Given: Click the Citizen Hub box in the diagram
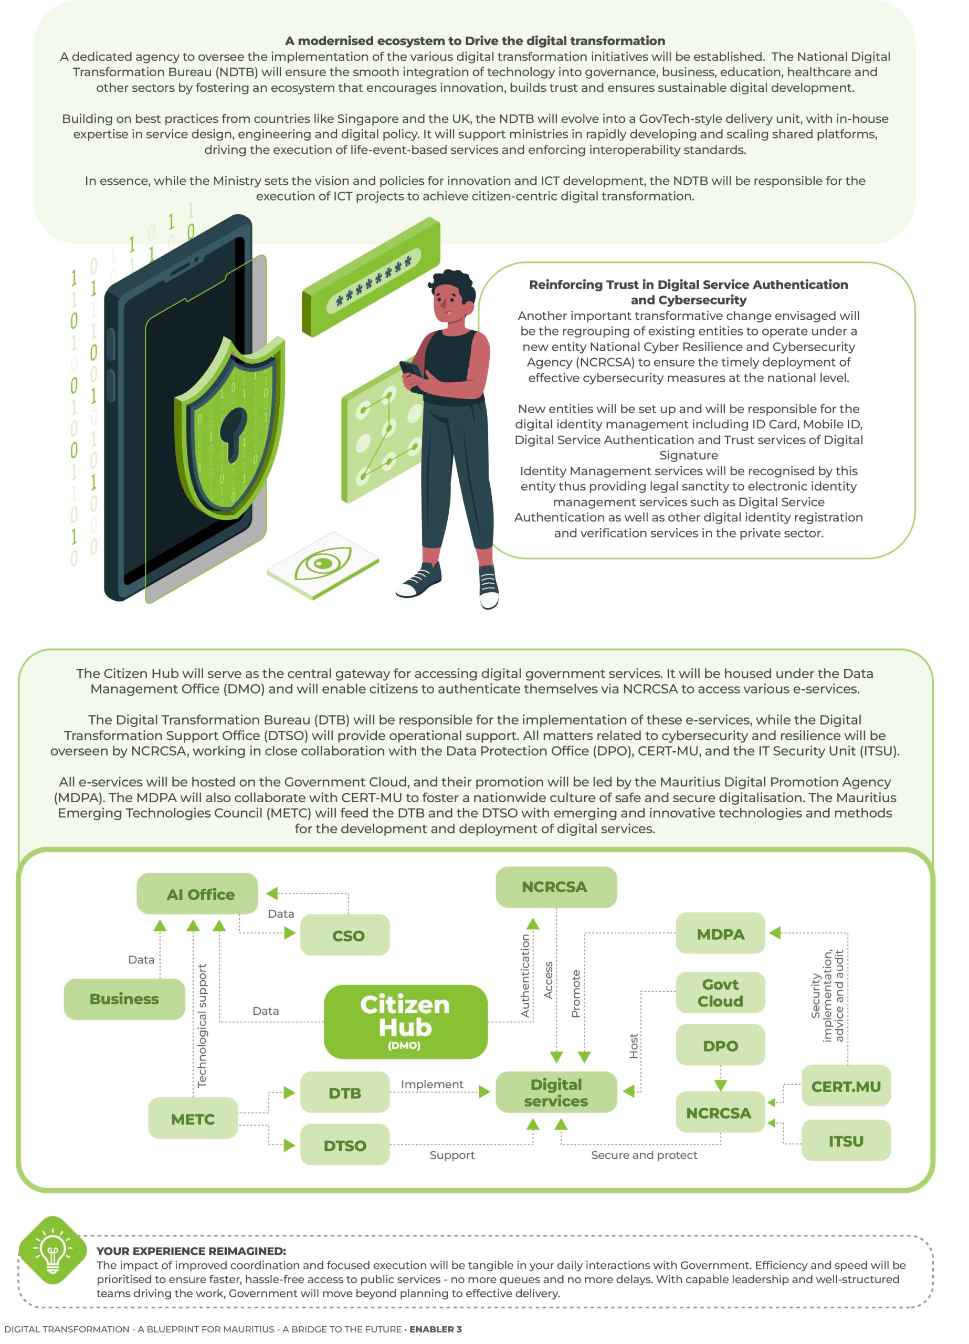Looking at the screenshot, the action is point(405,1022).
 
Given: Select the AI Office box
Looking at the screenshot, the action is point(197,894).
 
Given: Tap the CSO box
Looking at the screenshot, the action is point(345,935).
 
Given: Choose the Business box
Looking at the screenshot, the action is point(124,999).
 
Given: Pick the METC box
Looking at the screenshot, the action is point(193,1118).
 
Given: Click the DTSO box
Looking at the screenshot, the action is point(345,1145).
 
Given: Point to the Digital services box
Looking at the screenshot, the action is point(556,1092).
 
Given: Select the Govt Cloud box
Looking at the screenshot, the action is point(721,993).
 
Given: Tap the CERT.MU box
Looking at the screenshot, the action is point(846,1086).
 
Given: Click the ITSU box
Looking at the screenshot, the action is point(846,1140).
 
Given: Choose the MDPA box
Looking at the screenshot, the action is point(721,933).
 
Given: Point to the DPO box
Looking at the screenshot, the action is point(721,1045).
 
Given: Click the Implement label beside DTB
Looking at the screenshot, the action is point(432,1084).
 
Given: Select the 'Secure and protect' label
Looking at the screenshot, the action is point(644,1154).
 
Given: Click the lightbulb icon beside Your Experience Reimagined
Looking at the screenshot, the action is point(52,1251).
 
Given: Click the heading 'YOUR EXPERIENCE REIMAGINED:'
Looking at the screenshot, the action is point(192,1251).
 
